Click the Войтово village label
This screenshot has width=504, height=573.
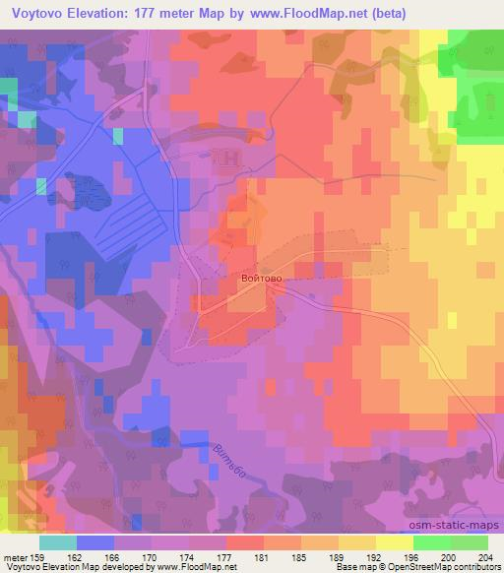[x=262, y=280]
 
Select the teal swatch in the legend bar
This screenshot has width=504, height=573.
[x=58, y=542]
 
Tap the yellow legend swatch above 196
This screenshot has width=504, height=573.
[x=394, y=542]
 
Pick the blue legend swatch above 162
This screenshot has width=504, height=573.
[x=95, y=542]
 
